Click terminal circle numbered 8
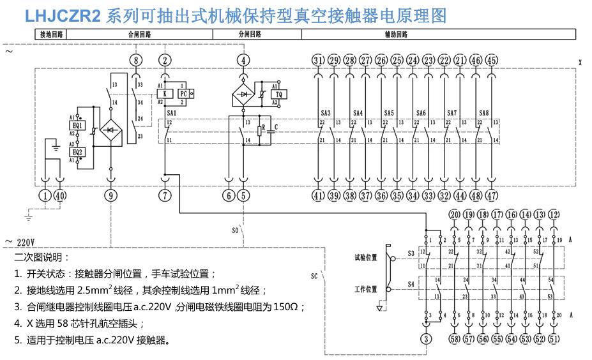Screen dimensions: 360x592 click(x=134, y=60)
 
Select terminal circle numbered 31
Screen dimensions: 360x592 click(x=318, y=60)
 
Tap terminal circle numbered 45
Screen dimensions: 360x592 click(x=492, y=60)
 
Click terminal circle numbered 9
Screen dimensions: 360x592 click(x=112, y=196)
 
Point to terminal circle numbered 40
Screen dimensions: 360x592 click(x=60, y=196)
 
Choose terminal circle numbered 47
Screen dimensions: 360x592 click(x=492, y=196)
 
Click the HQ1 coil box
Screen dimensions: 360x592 click(x=79, y=126)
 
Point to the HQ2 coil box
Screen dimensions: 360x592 click(x=79, y=153)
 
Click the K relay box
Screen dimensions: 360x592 click(x=165, y=94)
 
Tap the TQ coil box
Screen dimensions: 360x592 click(x=278, y=94)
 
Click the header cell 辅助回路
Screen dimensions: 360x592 click(x=397, y=34)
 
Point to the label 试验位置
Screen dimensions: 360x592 click(x=366, y=258)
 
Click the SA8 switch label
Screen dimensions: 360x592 click(x=484, y=113)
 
